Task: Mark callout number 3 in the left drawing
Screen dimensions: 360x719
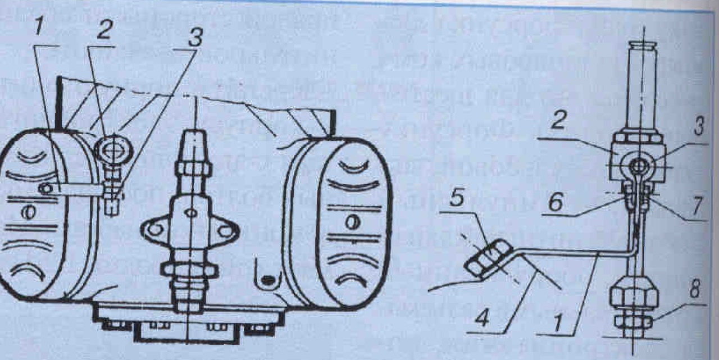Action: [193, 38]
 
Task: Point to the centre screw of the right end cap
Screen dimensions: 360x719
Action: [351, 223]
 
